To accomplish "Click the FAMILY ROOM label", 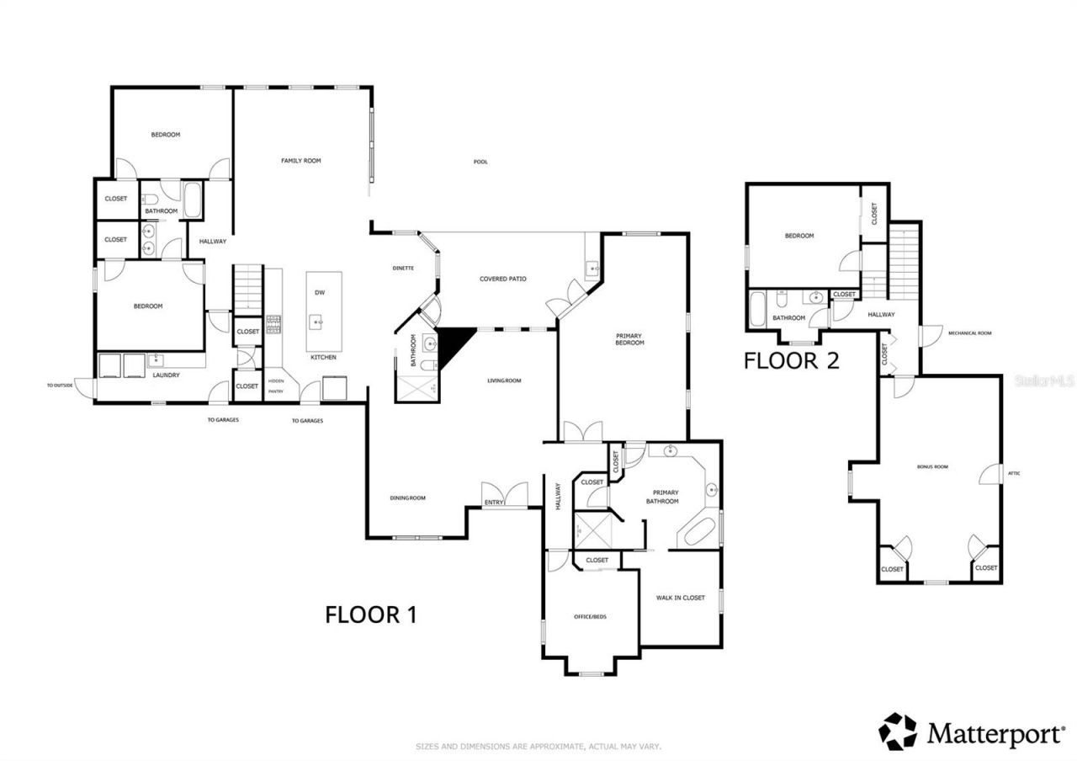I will tap(300, 161).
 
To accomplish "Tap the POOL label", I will tap(480, 162).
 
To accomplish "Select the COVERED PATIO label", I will tap(503, 279).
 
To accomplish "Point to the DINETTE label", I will tap(403, 268).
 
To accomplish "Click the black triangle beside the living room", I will tap(453, 340).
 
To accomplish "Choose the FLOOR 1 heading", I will tap(371, 615).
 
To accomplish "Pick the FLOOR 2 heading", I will tap(791, 361).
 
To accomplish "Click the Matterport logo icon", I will tap(899, 731).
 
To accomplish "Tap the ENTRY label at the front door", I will tap(493, 503).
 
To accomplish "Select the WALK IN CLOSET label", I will tap(680, 598).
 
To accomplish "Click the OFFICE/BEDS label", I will tap(590, 617).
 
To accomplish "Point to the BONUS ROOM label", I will tap(932, 466).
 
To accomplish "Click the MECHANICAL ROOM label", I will tap(969, 333).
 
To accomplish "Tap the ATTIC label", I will tap(1014, 473).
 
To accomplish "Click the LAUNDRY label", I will tap(166, 375).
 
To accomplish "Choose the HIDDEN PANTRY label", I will tap(276, 386).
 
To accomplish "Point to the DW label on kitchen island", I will tap(320, 293).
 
